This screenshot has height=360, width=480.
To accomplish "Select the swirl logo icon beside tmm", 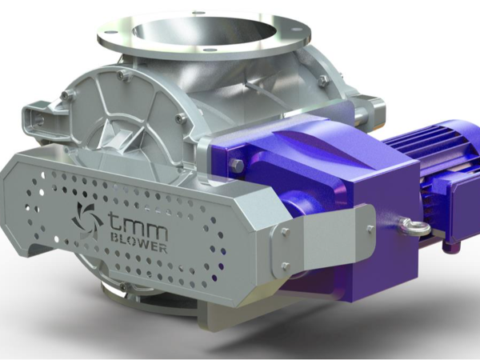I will coord(84,220).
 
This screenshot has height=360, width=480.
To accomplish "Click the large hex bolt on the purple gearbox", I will coord(236,166).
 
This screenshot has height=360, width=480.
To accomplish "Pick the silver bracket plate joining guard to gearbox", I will coord(320,240).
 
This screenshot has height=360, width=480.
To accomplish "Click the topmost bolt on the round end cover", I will coord(122,77).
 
